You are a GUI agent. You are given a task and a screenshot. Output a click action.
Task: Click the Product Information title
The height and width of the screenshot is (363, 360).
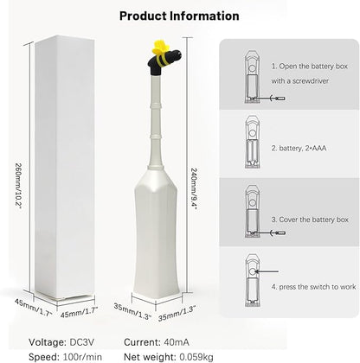coord(179,16)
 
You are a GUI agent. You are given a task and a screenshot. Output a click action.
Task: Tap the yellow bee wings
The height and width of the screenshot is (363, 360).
coord(161,48)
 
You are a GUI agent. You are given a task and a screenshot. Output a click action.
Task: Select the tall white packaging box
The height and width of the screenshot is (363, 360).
coord(65,167)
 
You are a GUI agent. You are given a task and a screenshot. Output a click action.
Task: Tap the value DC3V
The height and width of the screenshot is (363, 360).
coord(81,342)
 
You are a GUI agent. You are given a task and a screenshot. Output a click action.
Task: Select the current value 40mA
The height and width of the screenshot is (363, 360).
coord(177,342)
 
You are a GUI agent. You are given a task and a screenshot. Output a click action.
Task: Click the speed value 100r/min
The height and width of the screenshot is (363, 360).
coord(82,357)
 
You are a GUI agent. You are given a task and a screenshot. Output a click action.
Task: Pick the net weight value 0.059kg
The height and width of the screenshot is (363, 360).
coord(196,357)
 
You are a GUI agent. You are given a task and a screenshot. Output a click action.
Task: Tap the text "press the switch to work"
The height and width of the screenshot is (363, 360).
coord(318,287)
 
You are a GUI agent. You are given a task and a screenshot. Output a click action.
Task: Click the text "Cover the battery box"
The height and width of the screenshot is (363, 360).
coord(313,220)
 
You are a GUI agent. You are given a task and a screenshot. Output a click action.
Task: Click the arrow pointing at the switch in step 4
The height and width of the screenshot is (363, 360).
coord(267,271)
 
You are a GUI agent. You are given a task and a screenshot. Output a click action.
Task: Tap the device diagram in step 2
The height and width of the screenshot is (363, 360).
coord(252,142)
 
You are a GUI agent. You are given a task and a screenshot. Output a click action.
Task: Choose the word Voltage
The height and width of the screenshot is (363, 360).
coord(48,343)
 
